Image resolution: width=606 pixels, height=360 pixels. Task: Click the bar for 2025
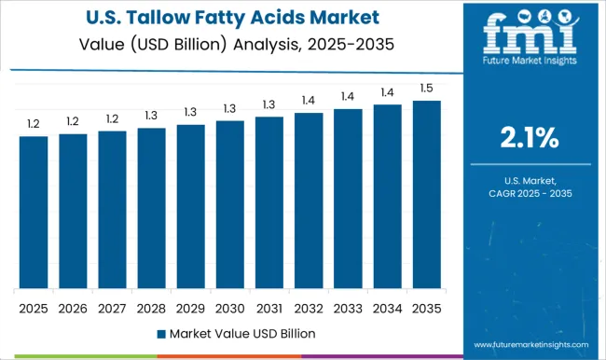(x=34, y=212)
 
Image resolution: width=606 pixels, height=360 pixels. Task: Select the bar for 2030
(x=229, y=204)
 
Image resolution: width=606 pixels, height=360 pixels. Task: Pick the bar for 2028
(x=151, y=208)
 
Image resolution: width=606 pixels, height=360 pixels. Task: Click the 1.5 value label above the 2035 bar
(x=426, y=88)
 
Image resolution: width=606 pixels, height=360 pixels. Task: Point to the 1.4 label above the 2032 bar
(x=309, y=100)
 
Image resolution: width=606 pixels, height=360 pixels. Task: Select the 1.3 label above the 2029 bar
(x=190, y=111)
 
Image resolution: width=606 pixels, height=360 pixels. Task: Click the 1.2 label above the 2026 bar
(x=73, y=120)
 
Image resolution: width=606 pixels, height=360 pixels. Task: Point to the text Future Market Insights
(x=528, y=73)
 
